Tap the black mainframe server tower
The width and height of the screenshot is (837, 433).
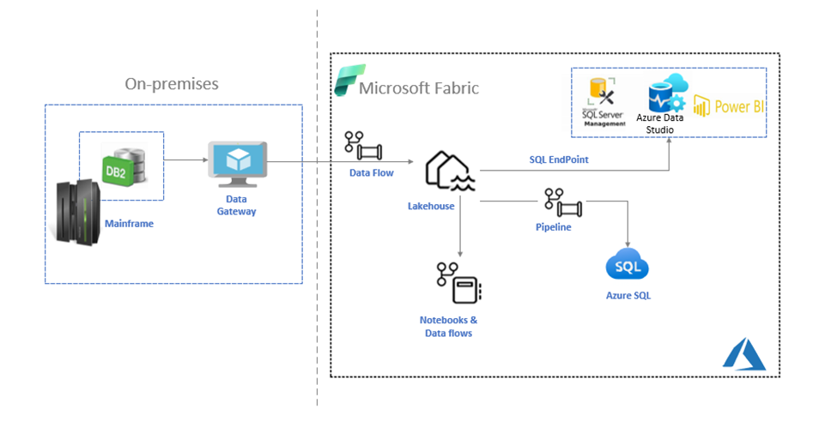[75, 211]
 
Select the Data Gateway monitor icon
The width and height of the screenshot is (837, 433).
[237, 165]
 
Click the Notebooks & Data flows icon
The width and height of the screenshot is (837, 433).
[458, 283]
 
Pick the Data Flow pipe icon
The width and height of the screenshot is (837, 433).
[363, 146]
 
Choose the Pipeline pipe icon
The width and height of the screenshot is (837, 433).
[562, 202]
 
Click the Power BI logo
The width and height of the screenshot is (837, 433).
[728, 106]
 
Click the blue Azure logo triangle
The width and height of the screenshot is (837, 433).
[743, 353]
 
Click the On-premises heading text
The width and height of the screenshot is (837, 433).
[172, 83]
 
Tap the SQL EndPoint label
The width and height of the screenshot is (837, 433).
[559, 159]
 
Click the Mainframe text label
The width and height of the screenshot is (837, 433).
[130, 224]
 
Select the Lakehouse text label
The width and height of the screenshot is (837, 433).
[431, 206]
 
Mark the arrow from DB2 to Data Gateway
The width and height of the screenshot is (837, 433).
[185, 159]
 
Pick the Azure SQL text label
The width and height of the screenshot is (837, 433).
[628, 296]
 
